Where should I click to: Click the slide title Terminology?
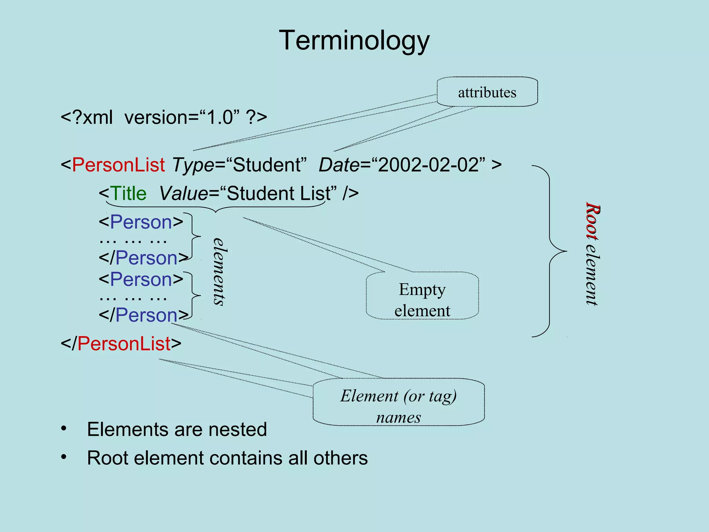[354, 41]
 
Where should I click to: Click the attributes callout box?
[487, 92]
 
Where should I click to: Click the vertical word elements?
[219, 272]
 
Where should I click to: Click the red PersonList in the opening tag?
[118, 165]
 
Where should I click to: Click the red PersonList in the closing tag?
[124, 344]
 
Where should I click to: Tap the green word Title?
[128, 193]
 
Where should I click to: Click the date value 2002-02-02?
[429, 165]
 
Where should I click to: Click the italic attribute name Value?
[184, 193]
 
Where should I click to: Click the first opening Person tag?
[141, 222]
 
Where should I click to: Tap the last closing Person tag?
[144, 315]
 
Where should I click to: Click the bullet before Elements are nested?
[64, 429]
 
